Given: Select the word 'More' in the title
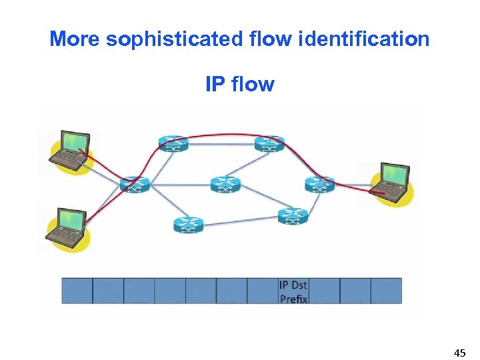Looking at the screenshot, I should click(x=75, y=39).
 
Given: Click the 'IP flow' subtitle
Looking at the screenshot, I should click(x=240, y=85).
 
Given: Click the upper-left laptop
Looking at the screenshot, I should click(x=71, y=150).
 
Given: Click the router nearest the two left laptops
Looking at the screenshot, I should click(x=135, y=184).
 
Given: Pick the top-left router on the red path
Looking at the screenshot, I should click(x=173, y=143).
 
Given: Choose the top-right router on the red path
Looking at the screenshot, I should click(x=269, y=143).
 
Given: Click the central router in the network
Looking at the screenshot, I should click(x=225, y=184).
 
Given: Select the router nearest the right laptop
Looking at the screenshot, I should click(x=319, y=184).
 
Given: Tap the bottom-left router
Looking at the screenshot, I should click(x=188, y=225).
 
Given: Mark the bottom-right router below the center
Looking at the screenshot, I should click(x=293, y=215).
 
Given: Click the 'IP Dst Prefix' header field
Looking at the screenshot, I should click(x=293, y=291).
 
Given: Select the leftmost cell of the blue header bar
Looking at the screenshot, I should click(x=77, y=291).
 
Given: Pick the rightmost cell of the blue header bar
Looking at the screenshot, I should click(x=387, y=291).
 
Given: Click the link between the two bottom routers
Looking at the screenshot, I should click(x=240, y=221).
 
